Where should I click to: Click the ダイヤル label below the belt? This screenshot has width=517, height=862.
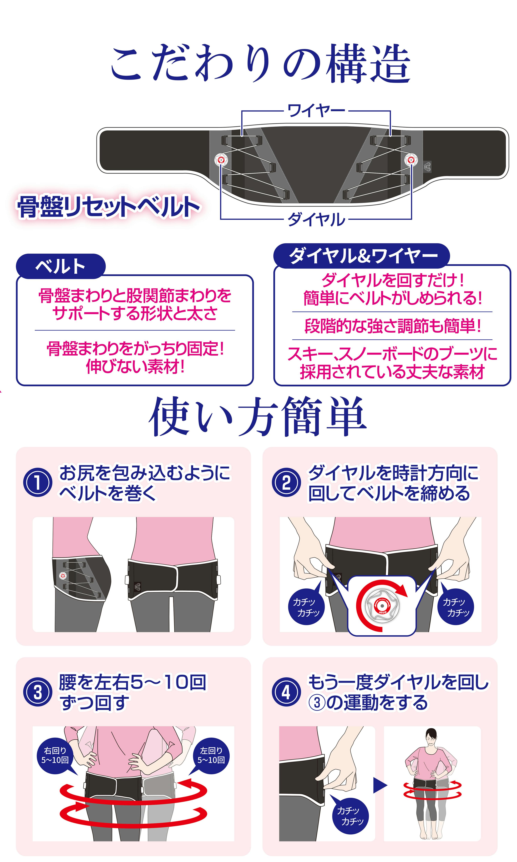316,219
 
